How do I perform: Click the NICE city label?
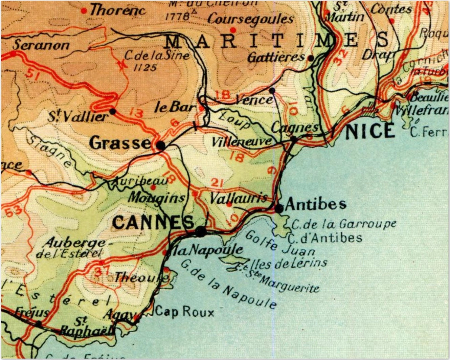[370, 131]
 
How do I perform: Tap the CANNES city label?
[153, 223]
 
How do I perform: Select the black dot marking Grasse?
[161, 145]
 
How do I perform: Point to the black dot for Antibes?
[279, 208]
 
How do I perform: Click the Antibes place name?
[316, 204]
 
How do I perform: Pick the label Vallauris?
[238, 198]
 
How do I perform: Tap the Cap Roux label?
[184, 312]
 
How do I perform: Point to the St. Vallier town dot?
[113, 111]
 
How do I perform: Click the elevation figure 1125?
[145, 68]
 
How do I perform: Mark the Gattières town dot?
[311, 58]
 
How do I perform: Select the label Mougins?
[157, 198]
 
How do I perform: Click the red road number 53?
[13, 212]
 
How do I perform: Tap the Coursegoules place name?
[250, 19]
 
